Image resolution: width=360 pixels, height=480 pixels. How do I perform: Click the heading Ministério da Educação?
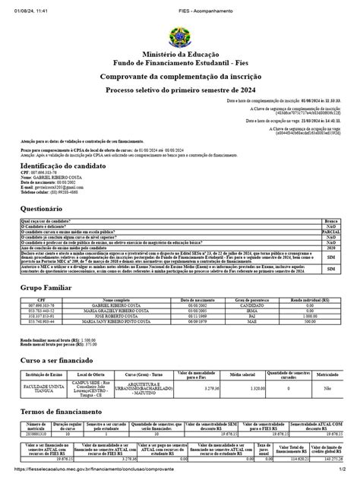[180, 58]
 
